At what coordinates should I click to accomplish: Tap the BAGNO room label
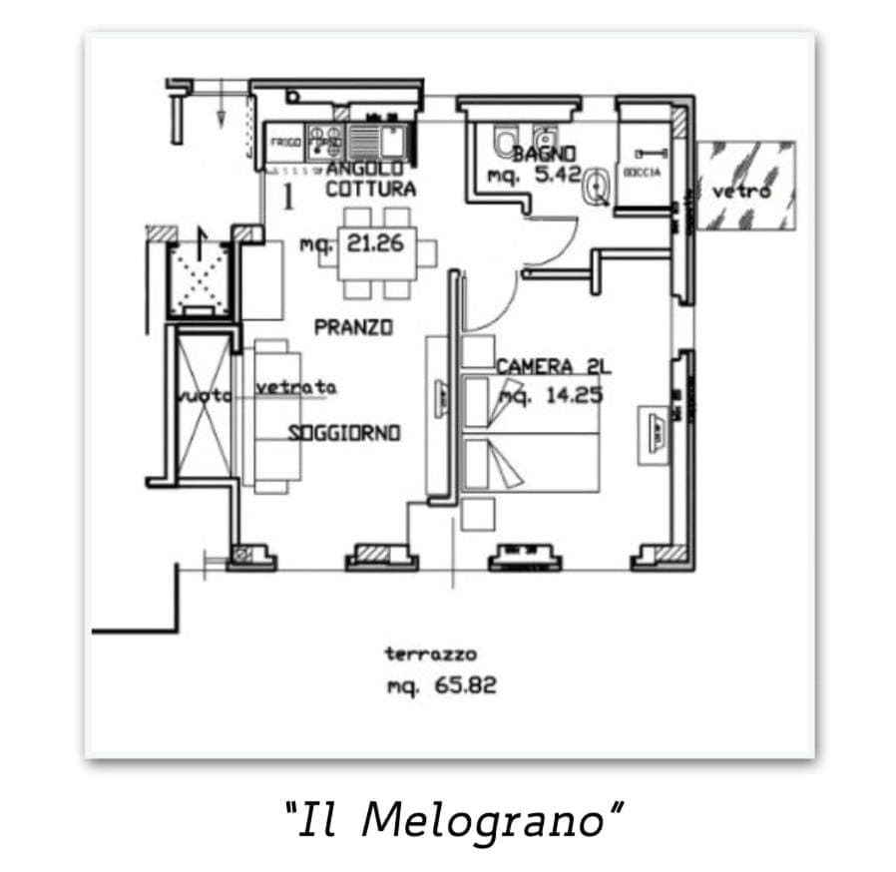point(545,154)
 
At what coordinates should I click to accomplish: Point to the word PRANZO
point(353,326)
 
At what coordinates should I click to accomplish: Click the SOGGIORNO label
point(344,433)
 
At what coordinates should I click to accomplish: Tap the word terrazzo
point(430,654)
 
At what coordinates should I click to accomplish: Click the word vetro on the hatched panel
point(743,191)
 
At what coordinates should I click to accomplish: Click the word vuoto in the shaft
point(203,396)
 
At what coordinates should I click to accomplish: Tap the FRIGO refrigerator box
point(286,143)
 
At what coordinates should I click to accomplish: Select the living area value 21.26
point(375,241)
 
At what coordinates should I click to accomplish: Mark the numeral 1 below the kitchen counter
point(288,198)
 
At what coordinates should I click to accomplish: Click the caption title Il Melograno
point(454,820)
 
